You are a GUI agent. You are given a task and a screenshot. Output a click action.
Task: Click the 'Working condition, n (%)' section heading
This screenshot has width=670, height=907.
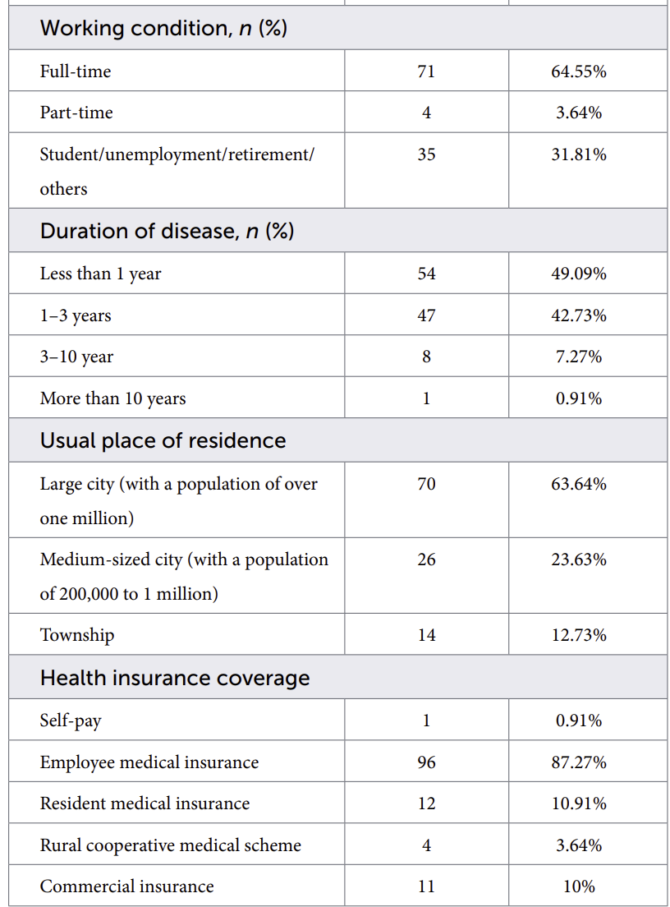pos(163,28)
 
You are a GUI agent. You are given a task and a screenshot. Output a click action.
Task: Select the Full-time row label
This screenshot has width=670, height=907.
pos(76,71)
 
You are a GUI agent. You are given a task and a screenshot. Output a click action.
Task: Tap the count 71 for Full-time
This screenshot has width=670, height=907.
pos(426,71)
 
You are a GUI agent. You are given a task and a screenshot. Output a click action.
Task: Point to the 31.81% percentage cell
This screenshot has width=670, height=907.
pos(579,154)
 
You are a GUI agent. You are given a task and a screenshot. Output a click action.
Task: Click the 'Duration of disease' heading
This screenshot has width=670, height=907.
pos(167,231)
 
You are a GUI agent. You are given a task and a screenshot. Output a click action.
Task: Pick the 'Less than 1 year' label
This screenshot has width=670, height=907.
pos(101,274)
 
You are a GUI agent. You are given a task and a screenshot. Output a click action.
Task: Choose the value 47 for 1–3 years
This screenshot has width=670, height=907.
pos(426,315)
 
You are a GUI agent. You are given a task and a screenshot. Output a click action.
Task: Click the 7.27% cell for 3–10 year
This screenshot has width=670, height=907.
pos(579,357)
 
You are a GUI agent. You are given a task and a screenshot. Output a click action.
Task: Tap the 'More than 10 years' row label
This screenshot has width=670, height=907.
pos(112,398)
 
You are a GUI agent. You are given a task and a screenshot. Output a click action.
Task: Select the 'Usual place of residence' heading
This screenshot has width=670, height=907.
pos(163,441)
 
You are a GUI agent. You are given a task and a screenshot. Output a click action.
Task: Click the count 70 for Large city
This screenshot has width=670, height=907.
pos(426,484)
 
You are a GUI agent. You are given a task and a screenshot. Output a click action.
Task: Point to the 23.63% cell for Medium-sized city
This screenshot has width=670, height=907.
pos(579,559)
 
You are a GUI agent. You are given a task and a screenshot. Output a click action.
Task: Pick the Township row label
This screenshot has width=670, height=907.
pos(77,635)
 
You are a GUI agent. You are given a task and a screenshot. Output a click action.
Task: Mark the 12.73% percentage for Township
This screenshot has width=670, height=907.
pos(579,635)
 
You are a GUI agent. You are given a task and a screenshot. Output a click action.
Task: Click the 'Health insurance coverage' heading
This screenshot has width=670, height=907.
pos(175,678)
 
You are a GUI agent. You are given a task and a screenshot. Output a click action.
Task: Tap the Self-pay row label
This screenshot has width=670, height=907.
pos(71,721)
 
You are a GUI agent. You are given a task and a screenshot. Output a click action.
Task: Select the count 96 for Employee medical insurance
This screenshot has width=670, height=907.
pos(426,762)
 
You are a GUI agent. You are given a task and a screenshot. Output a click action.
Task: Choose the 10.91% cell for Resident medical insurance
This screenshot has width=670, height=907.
pos(579,803)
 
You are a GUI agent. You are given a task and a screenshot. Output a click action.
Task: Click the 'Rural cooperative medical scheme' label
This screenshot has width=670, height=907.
pos(171,845)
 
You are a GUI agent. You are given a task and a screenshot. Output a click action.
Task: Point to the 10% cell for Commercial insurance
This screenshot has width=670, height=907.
pos(579,886)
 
